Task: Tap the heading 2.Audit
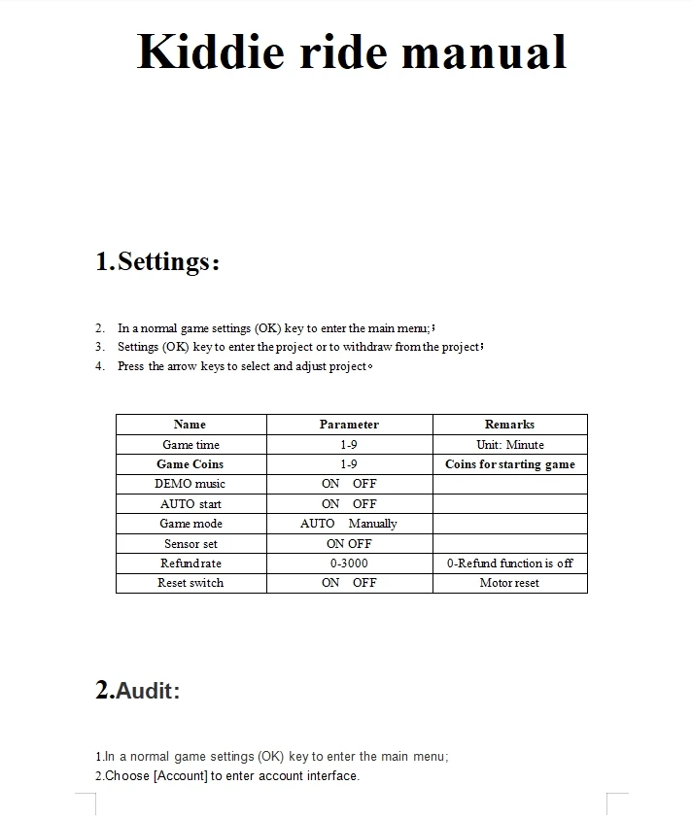pyautogui.click(x=138, y=691)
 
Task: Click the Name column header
pyautogui.click(x=190, y=425)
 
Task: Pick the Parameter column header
pyautogui.click(x=349, y=425)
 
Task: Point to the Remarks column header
pyautogui.click(x=509, y=425)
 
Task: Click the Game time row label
pyautogui.click(x=190, y=445)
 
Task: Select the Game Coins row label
pyautogui.click(x=190, y=464)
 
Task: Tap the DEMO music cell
pyautogui.click(x=190, y=484)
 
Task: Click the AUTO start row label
pyautogui.click(x=190, y=504)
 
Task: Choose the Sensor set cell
pyautogui.click(x=190, y=544)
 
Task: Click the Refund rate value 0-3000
pyautogui.click(x=349, y=563)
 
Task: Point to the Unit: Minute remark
pyautogui.click(x=509, y=445)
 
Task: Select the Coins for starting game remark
pyautogui.click(x=509, y=464)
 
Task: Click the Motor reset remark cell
pyautogui.click(x=509, y=583)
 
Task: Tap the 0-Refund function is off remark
pyautogui.click(x=509, y=563)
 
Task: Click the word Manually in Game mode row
pyautogui.click(x=373, y=524)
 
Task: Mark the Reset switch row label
pyautogui.click(x=190, y=583)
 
